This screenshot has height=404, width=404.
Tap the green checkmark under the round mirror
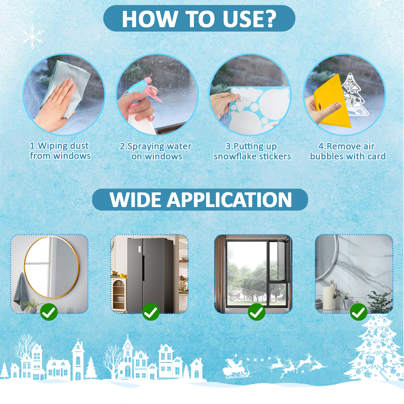[x=49, y=312]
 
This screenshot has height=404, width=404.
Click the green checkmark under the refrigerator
[x=151, y=312]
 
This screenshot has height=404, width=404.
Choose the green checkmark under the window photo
[x=257, y=312]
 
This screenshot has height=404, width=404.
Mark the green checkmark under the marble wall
[x=359, y=312]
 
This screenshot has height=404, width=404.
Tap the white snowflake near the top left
[x=32, y=37]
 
